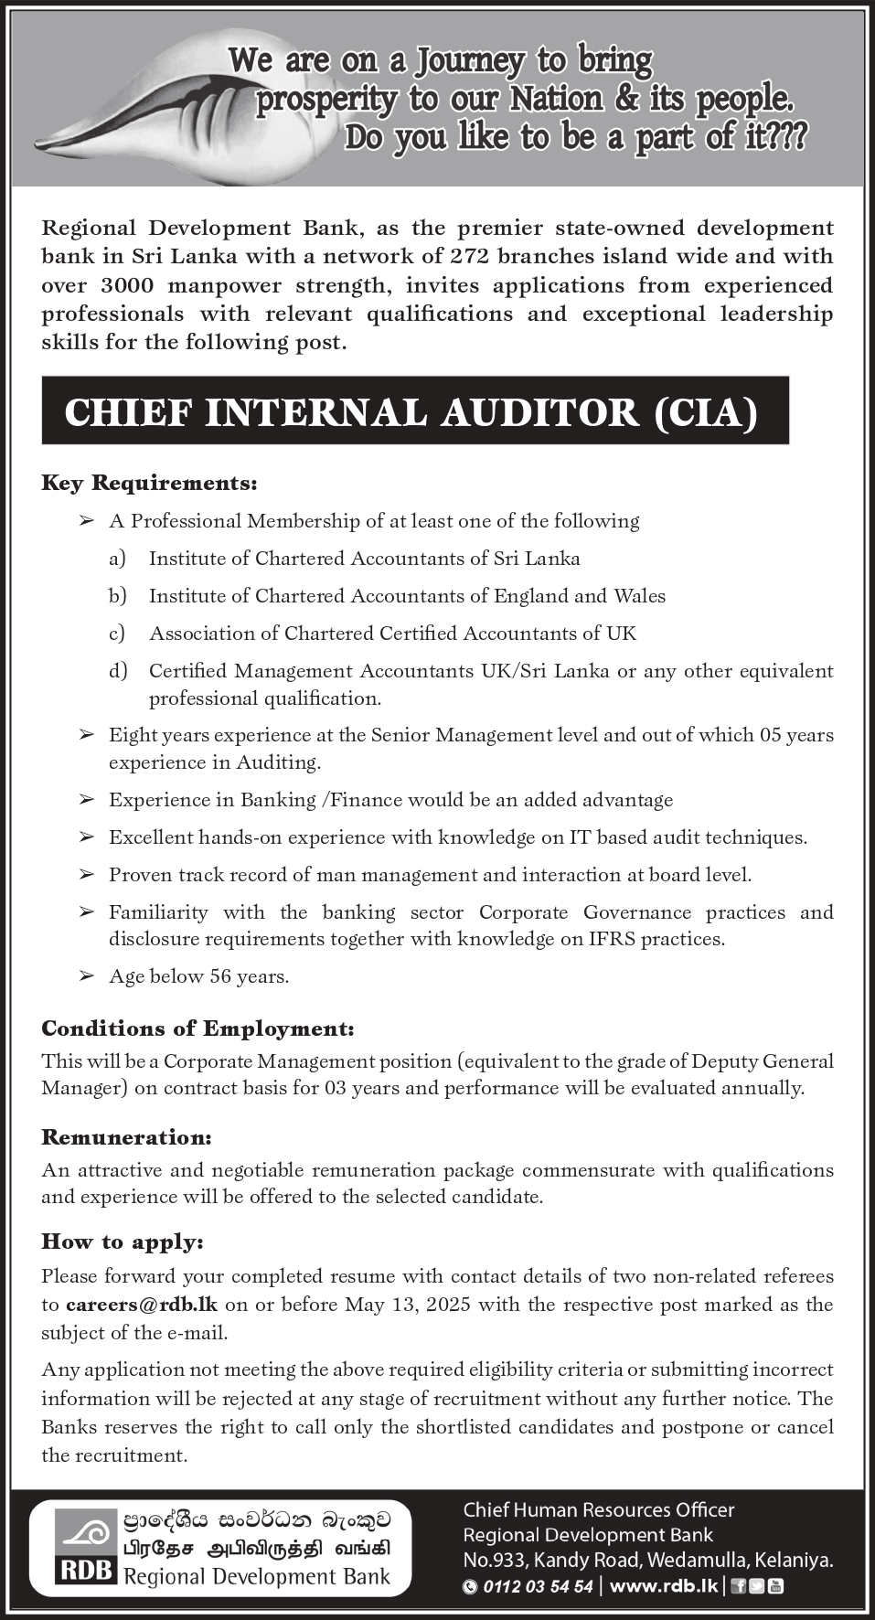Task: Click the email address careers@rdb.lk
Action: point(142,1305)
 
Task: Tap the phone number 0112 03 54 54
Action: point(539,1586)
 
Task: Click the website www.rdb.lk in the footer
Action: point(663,1586)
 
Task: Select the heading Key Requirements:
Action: point(149,482)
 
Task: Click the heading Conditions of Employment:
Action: point(197,1028)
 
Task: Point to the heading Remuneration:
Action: point(126,1137)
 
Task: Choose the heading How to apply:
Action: point(123,1242)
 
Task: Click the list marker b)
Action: point(117,596)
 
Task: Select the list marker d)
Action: point(118,671)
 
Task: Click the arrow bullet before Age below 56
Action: point(87,976)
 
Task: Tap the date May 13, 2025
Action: point(408,1305)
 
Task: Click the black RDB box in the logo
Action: point(86,1571)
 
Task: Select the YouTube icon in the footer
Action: point(775,1586)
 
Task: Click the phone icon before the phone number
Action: point(470,1587)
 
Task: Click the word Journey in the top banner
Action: point(470,61)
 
